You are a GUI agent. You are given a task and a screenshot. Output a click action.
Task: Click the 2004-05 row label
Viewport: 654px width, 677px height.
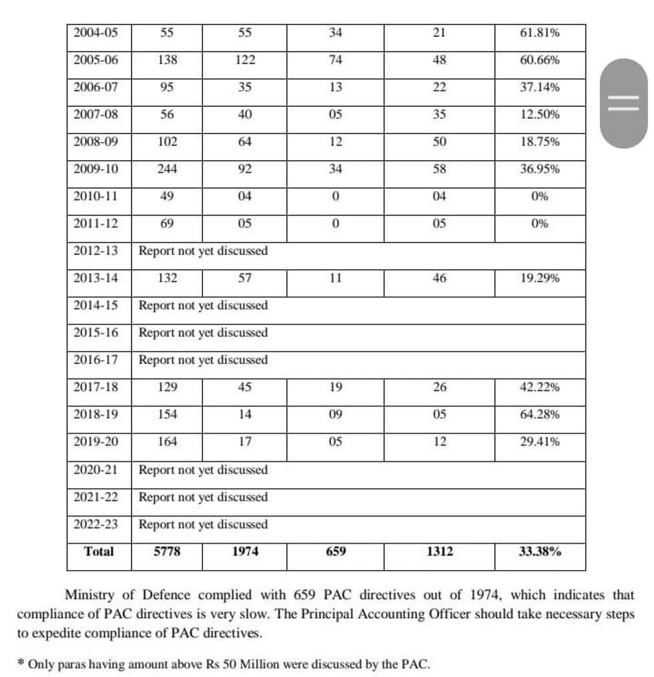pyautogui.click(x=95, y=32)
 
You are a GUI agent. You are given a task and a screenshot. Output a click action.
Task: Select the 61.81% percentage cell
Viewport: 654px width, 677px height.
pyautogui.click(x=539, y=32)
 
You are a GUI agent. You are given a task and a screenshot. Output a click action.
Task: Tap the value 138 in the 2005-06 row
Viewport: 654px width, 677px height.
pyautogui.click(x=167, y=59)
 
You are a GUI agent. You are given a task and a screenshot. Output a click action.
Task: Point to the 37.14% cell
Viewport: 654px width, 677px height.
pyautogui.click(x=539, y=87)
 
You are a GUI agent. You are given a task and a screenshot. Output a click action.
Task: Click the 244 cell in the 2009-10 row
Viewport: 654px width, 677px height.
pyautogui.click(x=167, y=169)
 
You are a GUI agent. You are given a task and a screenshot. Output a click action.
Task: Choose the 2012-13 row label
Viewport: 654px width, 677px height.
pyautogui.click(x=95, y=251)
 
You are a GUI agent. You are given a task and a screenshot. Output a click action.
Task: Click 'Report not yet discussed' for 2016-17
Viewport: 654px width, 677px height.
pyautogui.click(x=203, y=360)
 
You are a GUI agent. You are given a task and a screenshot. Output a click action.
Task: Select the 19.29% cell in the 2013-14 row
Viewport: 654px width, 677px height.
pyautogui.click(x=539, y=278)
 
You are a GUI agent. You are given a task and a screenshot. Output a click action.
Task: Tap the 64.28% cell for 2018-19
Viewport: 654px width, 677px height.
pyautogui.click(x=539, y=415)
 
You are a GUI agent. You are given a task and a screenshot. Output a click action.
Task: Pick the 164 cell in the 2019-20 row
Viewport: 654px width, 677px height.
pyautogui.click(x=167, y=442)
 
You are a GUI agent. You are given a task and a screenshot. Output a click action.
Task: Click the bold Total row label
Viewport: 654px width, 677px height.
pyautogui.click(x=99, y=551)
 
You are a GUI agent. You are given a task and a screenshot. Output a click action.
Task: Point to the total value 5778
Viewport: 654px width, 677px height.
pyautogui.click(x=167, y=551)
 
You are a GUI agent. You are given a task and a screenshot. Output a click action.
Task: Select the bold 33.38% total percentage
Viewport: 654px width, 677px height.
pyautogui.click(x=539, y=551)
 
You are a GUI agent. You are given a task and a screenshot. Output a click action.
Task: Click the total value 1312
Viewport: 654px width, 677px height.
pyautogui.click(x=439, y=551)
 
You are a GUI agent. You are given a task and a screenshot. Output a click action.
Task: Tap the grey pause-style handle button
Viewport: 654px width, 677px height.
pyautogui.click(x=623, y=103)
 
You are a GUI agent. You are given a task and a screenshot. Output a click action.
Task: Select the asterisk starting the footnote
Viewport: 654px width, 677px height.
pyautogui.click(x=21, y=664)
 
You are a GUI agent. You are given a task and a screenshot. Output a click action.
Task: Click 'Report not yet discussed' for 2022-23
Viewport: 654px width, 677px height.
pyautogui.click(x=203, y=524)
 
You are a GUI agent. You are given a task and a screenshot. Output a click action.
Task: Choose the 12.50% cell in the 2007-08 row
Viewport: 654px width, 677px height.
pyautogui.click(x=539, y=114)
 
